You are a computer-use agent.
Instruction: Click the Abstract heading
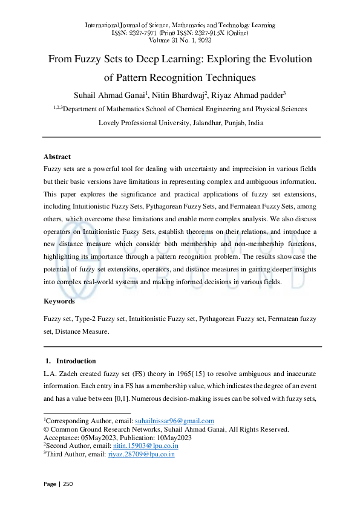pos(57,157)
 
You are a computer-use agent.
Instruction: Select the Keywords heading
pos(59,301)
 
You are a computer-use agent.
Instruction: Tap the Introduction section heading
pos(76,361)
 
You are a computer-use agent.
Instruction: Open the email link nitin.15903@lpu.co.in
pos(142,446)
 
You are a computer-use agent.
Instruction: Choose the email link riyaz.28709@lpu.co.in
pos(141,453)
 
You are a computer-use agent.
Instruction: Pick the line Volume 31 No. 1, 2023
pos(180,40)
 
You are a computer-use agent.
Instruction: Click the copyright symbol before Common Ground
pos(46,429)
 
